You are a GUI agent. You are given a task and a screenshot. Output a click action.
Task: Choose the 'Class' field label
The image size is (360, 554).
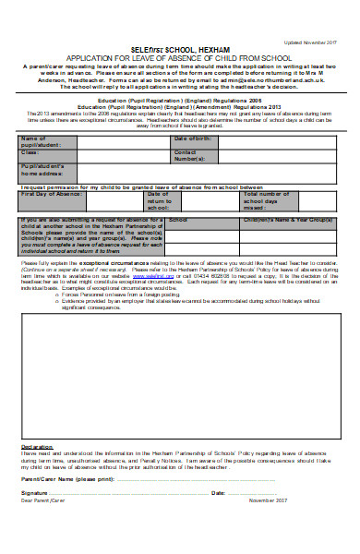tap(30, 151)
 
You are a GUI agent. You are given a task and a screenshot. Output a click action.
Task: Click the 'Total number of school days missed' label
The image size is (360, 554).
tap(266, 200)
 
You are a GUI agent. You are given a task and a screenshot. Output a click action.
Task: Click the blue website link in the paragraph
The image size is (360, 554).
tap(159, 274)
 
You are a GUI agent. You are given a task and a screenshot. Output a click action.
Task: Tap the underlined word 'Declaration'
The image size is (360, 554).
tap(36, 446)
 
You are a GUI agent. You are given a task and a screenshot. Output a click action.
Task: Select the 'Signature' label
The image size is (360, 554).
tap(34, 493)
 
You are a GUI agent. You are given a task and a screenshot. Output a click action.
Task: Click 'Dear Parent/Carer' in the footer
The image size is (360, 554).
tap(41, 501)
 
